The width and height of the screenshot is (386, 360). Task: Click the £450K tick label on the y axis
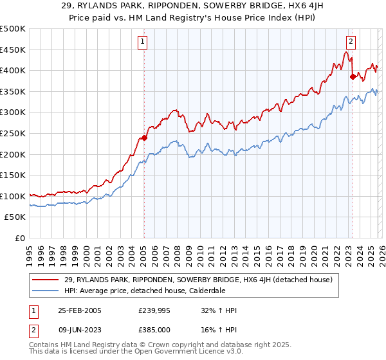click(13, 50)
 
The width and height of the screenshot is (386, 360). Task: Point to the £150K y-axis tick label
click(13, 175)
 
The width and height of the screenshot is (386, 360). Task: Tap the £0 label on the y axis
click(19, 238)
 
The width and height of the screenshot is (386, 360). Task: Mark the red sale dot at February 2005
click(144, 137)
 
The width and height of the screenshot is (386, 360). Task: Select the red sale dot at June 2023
click(353, 76)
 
